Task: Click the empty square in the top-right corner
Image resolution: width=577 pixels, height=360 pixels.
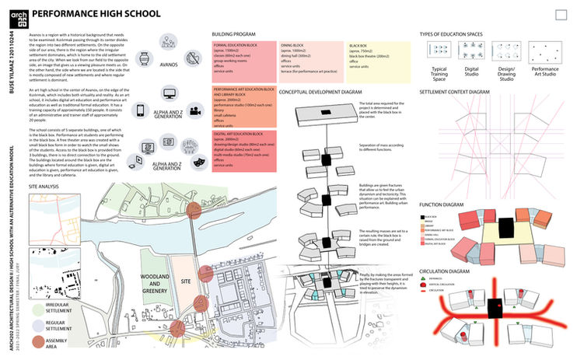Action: click(x=562, y=15)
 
